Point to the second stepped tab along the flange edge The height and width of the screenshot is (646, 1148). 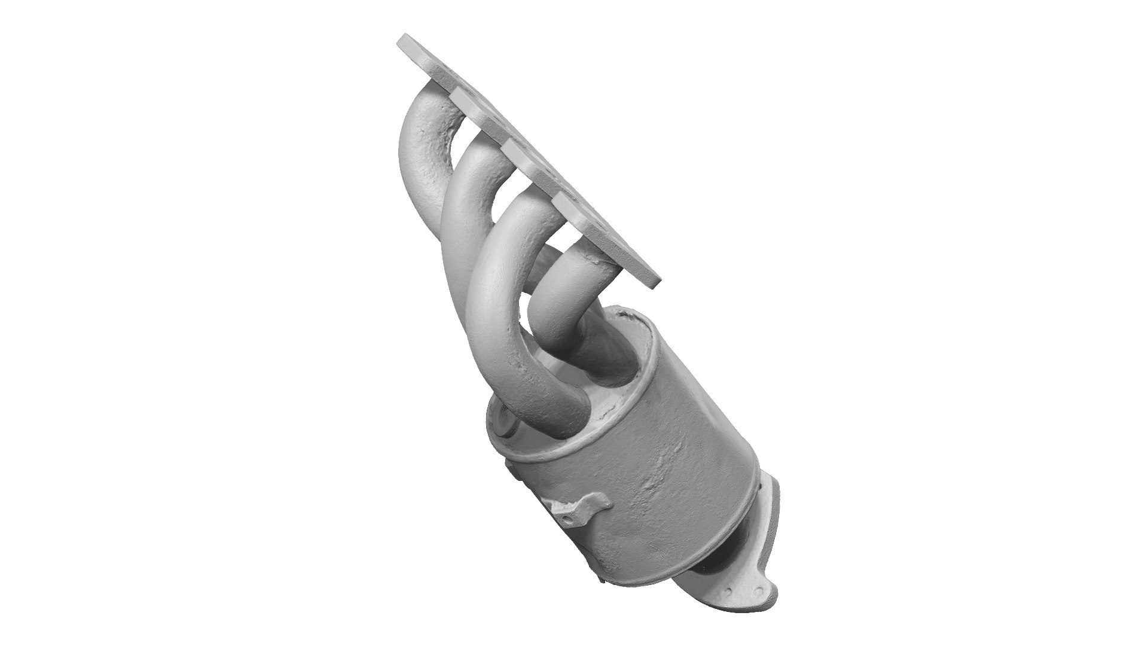click(508, 144)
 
